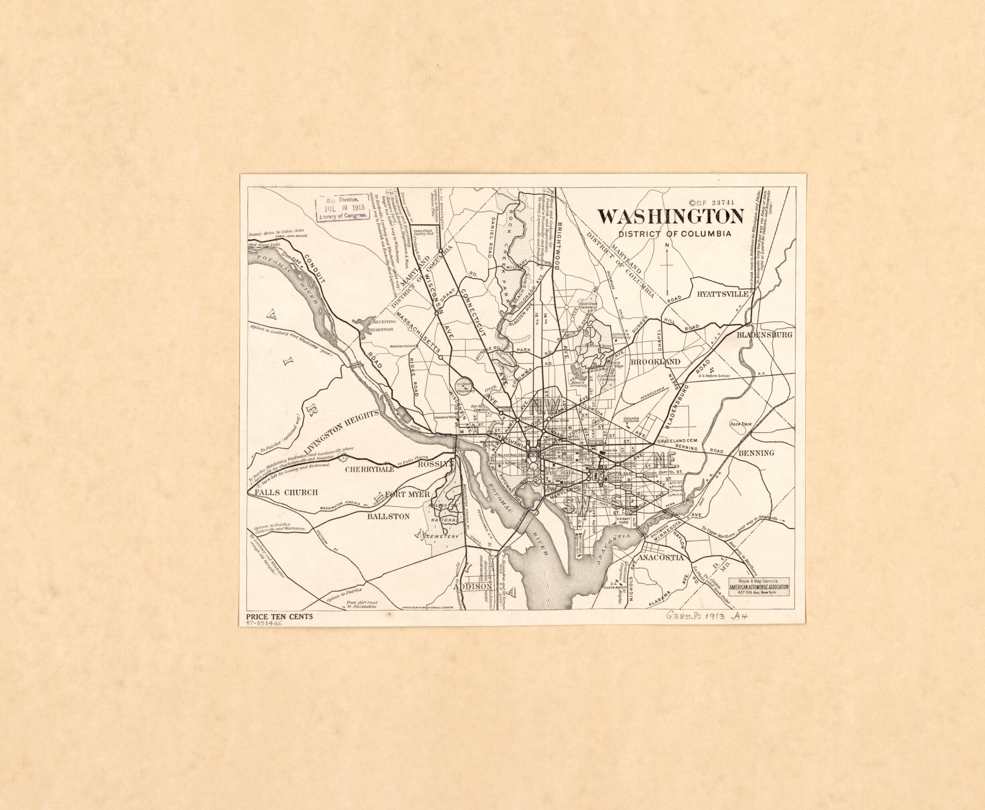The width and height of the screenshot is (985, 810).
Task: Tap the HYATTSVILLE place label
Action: click(x=723, y=294)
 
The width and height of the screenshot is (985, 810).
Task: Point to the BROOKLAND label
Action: click(x=655, y=362)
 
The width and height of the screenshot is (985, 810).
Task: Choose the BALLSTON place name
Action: click(x=388, y=517)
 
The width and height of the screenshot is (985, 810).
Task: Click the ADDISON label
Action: click(x=473, y=587)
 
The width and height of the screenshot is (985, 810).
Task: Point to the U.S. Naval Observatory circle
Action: click(x=464, y=387)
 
